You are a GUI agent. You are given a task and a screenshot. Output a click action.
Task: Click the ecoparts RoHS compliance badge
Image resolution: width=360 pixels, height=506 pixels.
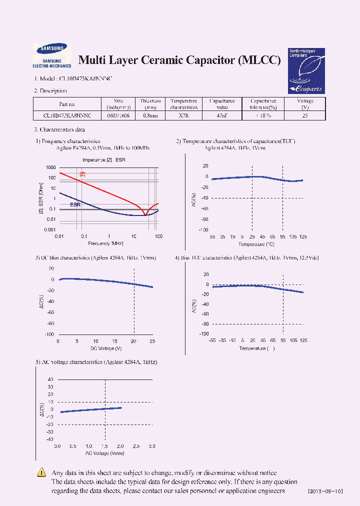pyautogui.click(x=306, y=70)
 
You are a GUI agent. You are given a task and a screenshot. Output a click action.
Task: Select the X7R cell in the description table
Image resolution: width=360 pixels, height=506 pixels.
pyautogui.click(x=183, y=115)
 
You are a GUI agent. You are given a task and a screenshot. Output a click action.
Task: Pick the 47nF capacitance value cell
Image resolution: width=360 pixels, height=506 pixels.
pyautogui.click(x=222, y=115)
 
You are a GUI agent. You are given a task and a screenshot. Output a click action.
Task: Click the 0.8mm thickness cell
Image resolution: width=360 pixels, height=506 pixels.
pyautogui.click(x=150, y=115)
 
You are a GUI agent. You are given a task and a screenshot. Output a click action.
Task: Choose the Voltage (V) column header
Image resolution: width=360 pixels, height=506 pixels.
pyautogui.click(x=305, y=104)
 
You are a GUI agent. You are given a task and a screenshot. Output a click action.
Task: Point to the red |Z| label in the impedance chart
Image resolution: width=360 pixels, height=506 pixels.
pyautogui.click(x=82, y=174)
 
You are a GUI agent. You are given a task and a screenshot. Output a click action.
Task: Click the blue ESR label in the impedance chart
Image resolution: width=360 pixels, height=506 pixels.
pyautogui.click(x=75, y=204)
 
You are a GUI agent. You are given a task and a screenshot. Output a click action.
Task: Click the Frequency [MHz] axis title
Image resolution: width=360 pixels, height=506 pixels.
pyautogui.click(x=105, y=243)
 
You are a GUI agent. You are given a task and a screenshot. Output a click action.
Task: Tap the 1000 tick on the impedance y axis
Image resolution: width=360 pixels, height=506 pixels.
pyautogui.click(x=50, y=168)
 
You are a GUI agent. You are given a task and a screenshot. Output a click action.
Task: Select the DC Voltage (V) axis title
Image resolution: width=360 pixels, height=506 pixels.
pyautogui.click(x=105, y=348)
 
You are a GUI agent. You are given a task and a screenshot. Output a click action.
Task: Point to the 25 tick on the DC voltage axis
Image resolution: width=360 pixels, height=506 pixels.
pyautogui.click(x=152, y=341)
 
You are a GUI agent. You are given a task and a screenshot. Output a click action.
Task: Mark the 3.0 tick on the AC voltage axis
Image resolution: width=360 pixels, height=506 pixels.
pyautogui.click(x=152, y=446)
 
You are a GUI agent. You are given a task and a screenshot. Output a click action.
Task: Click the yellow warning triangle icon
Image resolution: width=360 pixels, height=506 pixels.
pyautogui.click(x=42, y=472)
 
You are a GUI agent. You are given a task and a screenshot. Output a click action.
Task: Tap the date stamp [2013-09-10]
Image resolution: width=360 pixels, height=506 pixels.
pyautogui.click(x=325, y=491)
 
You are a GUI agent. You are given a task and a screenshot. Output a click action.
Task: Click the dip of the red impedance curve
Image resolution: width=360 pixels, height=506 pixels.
pyautogui.click(x=145, y=215)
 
